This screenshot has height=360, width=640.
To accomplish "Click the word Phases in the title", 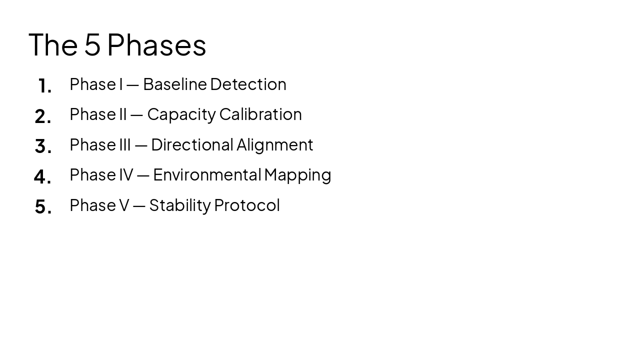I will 156,44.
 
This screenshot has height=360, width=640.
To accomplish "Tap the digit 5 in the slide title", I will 92,44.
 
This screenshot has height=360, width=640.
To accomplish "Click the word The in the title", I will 53,44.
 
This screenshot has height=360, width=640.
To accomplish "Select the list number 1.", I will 44,86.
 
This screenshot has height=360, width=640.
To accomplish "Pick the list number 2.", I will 43,116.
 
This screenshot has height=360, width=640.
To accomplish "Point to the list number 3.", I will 43,146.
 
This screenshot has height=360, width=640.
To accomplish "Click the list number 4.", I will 42,176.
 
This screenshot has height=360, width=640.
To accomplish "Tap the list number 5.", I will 43,206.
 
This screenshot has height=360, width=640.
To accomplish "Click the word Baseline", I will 175,84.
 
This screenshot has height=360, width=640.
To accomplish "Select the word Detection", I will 248,84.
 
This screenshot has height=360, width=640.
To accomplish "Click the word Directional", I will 192,144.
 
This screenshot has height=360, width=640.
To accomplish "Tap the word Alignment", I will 274,145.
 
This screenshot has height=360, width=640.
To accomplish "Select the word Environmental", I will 207,174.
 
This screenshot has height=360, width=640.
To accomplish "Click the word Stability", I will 180,205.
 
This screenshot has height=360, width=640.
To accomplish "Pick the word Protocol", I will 246,205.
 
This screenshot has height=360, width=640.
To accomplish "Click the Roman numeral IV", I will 126,174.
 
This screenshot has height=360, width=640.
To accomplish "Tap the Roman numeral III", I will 125,144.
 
